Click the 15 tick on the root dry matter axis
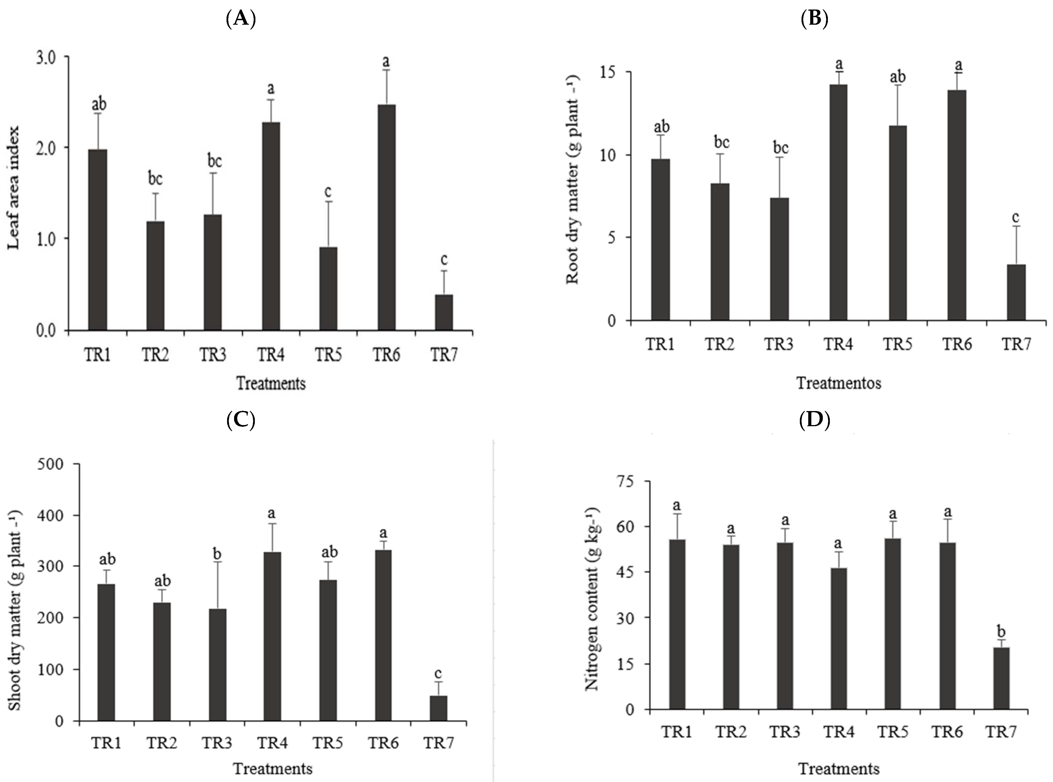tap(609, 72)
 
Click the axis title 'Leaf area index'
tap(14, 188)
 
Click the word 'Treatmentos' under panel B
tap(839, 382)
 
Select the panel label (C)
tap(241, 419)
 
